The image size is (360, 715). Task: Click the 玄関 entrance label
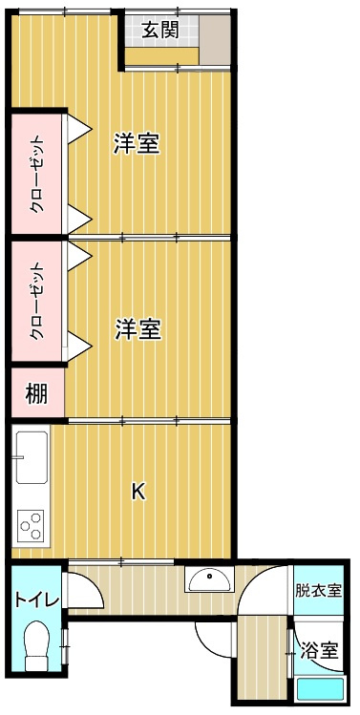pos(159,30)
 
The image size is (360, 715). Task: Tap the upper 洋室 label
pos(137,143)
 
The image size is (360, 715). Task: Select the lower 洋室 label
pos(137,329)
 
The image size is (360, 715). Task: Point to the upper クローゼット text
pos(36,174)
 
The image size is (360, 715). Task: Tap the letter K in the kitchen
pos(138,492)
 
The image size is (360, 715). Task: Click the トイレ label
pos(36,599)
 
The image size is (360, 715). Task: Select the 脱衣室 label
pos(318,591)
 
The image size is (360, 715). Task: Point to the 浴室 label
pos(319,652)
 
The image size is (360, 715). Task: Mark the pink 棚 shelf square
pos(36,393)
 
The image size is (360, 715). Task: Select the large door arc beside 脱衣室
pos(263,594)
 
